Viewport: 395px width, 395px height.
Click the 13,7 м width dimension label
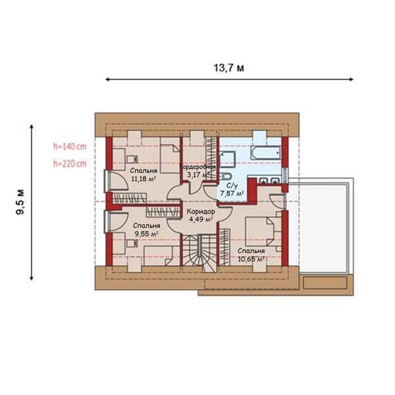click(228, 68)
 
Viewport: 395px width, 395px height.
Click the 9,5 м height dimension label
click(20, 202)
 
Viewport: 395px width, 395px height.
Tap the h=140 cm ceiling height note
click(70, 146)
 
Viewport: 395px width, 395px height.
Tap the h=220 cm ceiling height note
click(70, 164)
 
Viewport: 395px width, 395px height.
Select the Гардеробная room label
click(197, 167)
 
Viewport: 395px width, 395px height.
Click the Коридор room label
click(201, 211)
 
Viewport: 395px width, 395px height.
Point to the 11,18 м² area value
click(144, 178)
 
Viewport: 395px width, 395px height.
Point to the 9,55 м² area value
click(146, 234)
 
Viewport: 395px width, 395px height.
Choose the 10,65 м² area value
click(251, 259)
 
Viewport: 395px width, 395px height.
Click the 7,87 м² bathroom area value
click(232, 194)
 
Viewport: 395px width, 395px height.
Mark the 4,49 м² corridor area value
click(201, 219)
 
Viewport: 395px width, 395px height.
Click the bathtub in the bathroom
click(266, 153)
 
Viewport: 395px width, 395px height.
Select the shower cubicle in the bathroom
click(228, 159)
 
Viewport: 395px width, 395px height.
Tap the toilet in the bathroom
click(224, 176)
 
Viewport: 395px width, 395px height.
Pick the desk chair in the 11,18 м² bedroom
click(132, 159)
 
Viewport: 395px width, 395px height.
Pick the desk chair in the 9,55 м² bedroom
click(132, 243)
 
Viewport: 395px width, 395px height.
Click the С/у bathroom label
click(232, 186)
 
